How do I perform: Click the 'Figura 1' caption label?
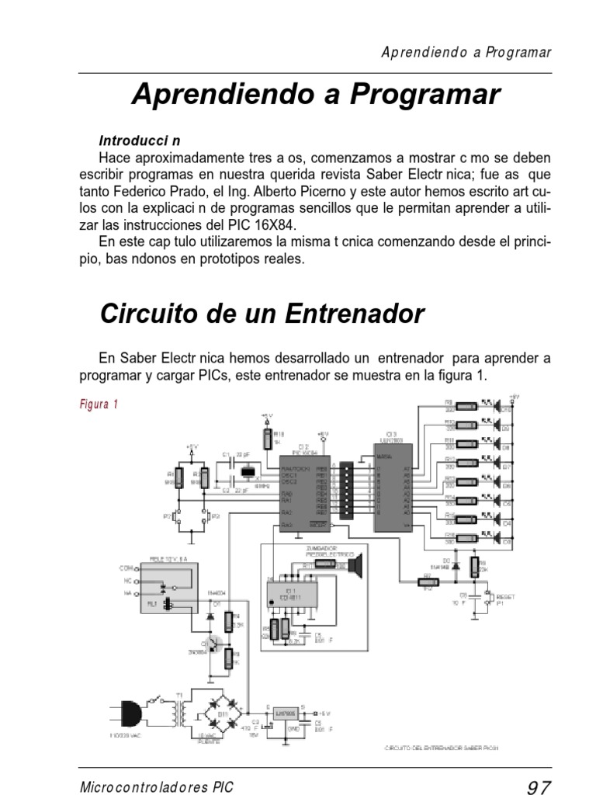coord(99,404)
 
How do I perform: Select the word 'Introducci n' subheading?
coord(140,141)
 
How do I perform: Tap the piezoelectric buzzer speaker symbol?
coord(356,564)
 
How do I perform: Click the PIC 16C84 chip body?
coord(304,491)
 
